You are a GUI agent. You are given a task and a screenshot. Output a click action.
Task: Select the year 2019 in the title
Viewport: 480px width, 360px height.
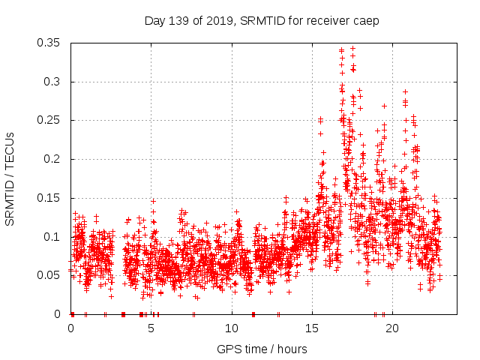tap(216, 21)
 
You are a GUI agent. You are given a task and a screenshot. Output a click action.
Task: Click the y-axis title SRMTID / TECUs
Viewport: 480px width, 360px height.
tap(10, 178)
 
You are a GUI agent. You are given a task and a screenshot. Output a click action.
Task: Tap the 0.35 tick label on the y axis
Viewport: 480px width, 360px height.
tap(49, 43)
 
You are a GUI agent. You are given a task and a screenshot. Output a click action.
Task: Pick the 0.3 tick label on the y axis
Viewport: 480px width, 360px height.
tap(52, 82)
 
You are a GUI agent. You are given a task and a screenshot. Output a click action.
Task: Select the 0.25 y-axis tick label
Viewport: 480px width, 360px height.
tap(49, 120)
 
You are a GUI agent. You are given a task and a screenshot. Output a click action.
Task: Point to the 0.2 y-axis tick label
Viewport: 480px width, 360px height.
tap(52, 159)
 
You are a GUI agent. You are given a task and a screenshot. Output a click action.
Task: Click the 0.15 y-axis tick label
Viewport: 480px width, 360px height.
tap(49, 198)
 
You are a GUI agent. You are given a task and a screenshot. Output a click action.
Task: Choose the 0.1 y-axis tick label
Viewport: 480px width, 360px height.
tap(52, 236)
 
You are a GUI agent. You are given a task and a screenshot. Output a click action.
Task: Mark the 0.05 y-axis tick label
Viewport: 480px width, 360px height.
tap(49, 275)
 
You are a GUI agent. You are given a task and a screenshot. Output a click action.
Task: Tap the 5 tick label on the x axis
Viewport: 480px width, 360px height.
tap(151, 328)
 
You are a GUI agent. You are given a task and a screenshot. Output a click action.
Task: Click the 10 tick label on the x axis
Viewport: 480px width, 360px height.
tap(232, 328)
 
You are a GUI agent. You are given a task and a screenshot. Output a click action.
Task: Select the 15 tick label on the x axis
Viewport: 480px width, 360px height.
tap(312, 328)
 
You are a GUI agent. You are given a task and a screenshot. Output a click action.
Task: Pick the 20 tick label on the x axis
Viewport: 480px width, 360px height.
tap(392, 328)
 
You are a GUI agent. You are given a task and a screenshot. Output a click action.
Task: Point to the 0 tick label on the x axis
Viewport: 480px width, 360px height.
tap(71, 328)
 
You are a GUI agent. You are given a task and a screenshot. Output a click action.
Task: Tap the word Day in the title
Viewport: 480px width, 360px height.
tap(154, 21)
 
